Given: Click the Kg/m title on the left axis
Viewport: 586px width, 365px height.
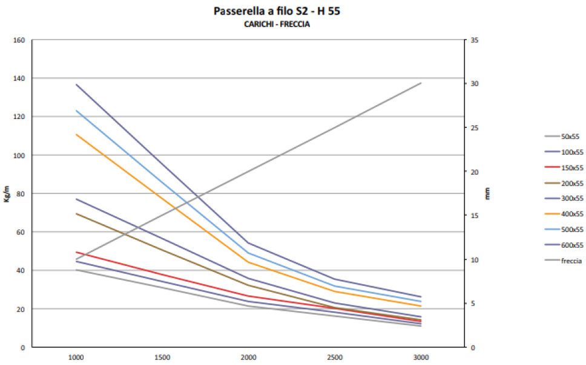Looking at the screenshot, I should pyautogui.click(x=7, y=194).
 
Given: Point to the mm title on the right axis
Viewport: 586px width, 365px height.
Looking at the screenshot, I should pyautogui.click(x=487, y=194).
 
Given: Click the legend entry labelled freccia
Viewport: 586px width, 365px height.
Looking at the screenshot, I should pyautogui.click(x=571, y=261).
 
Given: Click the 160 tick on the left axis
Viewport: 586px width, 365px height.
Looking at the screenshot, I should pyautogui.click(x=19, y=40).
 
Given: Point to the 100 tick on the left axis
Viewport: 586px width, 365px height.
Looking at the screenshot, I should pyautogui.click(x=19, y=155).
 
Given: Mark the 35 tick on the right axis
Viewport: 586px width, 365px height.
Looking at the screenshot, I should pyautogui.click(x=475, y=40).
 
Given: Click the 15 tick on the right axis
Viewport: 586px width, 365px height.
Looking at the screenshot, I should pyautogui.click(x=475, y=216).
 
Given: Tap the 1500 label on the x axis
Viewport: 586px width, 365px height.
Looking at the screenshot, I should pyautogui.click(x=162, y=358).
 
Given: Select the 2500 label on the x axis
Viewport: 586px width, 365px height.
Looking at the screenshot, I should pyautogui.click(x=335, y=358).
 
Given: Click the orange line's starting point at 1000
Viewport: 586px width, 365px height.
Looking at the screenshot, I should pyautogui.click(x=76, y=134).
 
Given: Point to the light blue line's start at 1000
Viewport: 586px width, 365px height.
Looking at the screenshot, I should pyautogui.click(x=76, y=111).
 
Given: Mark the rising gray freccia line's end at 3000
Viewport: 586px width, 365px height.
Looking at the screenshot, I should pyautogui.click(x=421, y=83).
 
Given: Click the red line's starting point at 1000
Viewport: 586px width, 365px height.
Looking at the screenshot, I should pyautogui.click(x=76, y=252).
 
